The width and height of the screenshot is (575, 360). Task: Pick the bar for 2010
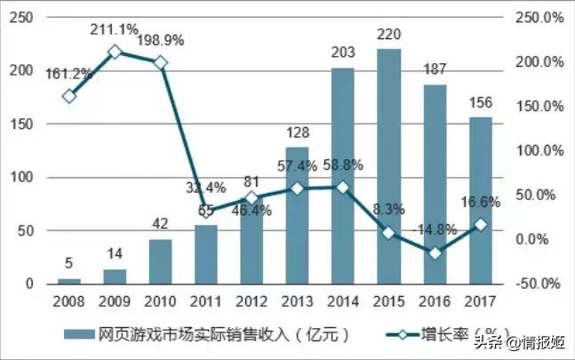[160, 261]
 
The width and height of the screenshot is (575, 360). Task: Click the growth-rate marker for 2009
[115, 52]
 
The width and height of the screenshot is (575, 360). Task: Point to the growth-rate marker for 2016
[435, 253]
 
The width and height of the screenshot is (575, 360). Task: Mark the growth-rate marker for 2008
[69, 96]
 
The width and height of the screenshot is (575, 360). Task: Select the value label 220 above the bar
[388, 36]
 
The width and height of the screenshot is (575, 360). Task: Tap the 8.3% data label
[388, 210]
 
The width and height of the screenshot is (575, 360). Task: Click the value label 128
[297, 133]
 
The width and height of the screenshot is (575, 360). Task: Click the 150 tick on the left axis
[25, 124]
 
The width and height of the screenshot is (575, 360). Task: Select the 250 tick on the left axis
[25, 18]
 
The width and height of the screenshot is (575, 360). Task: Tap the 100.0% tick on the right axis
[539, 151]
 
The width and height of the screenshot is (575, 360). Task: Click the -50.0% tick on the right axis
[539, 284]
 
